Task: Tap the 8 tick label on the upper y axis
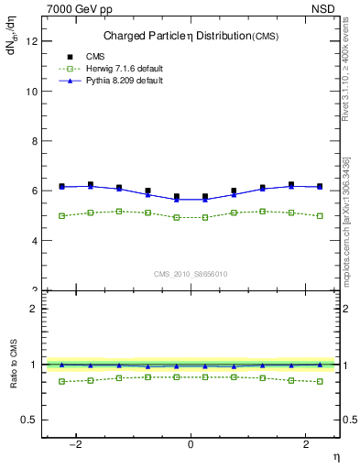pos(34,141)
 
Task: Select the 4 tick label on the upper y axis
pos(34,241)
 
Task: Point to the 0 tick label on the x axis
pos(191,442)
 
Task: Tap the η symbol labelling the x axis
pos(335,455)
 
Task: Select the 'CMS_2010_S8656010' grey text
pos(190,274)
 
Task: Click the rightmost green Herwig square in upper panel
pos(320,216)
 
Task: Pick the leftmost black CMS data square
pos(61,186)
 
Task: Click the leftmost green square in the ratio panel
pos(61,381)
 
